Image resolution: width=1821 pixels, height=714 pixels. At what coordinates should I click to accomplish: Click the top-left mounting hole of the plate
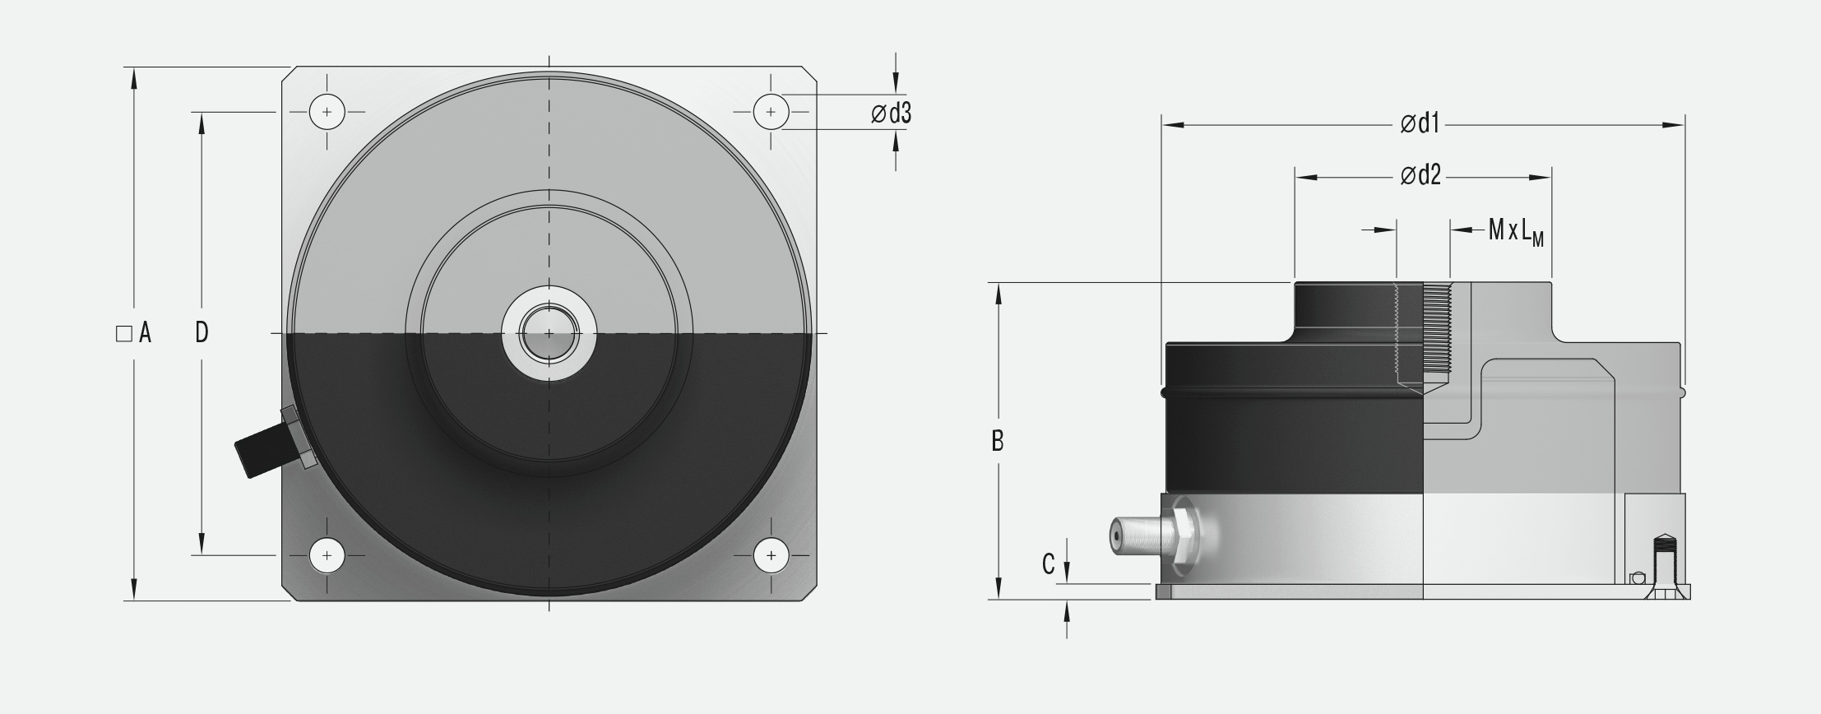point(327,112)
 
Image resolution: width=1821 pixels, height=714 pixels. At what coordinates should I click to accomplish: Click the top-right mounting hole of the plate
point(771,112)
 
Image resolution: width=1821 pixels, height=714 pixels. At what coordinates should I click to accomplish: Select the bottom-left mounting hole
point(327,556)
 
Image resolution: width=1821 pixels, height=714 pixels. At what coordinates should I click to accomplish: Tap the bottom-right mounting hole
point(771,556)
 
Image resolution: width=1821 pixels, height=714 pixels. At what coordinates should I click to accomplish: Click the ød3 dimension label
point(892,114)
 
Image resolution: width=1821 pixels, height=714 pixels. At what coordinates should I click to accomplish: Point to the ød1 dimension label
point(1420,124)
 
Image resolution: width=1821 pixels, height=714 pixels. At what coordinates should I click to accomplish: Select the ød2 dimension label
point(1420,176)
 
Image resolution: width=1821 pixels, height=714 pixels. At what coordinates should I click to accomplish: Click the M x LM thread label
point(1516,231)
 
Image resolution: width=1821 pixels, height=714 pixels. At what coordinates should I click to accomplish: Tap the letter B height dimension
point(997,442)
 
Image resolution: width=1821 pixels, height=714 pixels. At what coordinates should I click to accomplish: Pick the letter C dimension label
point(1048,564)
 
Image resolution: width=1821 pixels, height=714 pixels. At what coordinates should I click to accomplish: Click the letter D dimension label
point(202,332)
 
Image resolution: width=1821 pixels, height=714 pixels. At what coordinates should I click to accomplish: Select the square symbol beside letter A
point(124,333)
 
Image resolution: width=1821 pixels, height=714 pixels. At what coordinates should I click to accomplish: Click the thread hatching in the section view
point(1438,329)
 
